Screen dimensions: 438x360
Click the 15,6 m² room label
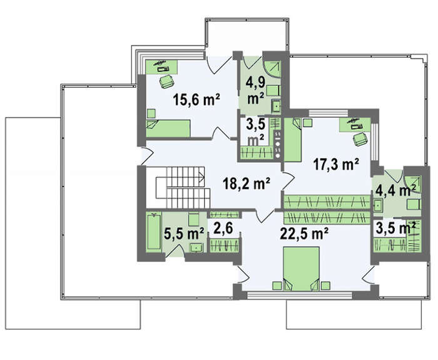click(x=196, y=100)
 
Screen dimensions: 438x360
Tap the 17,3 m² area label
click(x=336, y=164)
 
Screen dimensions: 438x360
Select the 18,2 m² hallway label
click(x=247, y=183)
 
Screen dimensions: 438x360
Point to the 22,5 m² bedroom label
click(x=304, y=233)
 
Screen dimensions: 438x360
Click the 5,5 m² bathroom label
click(x=184, y=234)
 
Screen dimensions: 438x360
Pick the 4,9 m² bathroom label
click(x=255, y=91)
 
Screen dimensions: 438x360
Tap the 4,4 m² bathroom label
click(x=395, y=190)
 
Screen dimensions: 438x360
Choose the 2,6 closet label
click(x=223, y=229)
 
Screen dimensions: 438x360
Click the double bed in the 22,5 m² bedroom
click(x=301, y=269)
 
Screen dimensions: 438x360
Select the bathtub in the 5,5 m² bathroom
click(x=154, y=232)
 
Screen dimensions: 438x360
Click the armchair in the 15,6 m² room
click(x=166, y=81)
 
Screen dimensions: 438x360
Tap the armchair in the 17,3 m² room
click(x=360, y=139)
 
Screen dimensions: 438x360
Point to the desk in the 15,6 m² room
click(x=161, y=67)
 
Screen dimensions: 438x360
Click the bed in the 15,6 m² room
click(x=168, y=128)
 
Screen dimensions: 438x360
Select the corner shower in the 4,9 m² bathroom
click(x=273, y=69)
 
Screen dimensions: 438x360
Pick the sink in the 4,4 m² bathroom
click(x=378, y=206)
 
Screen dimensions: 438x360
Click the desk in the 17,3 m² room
click(x=355, y=125)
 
